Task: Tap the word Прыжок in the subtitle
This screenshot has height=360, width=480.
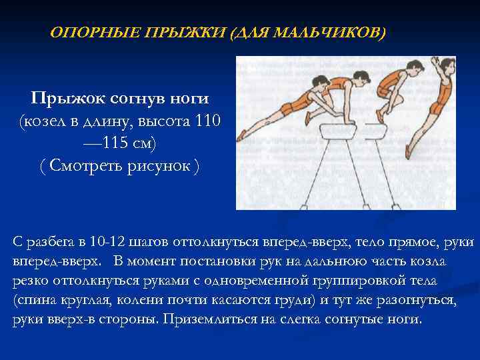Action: pos(63,99)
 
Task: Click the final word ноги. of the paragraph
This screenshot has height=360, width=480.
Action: pos(405,319)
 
